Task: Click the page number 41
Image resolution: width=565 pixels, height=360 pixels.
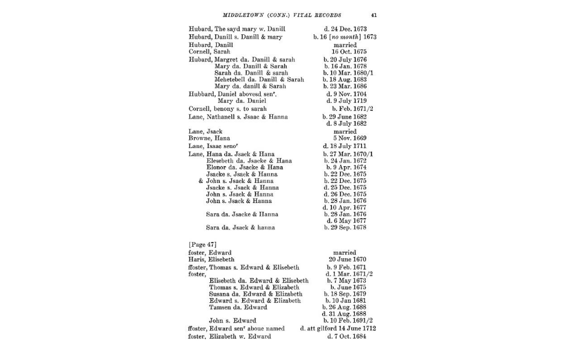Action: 374,15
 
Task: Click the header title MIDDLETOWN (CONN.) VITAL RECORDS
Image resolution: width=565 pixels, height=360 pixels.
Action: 282,15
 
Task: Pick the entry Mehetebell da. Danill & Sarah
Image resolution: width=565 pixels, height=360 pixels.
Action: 259,79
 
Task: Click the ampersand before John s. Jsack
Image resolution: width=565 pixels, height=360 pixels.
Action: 201,181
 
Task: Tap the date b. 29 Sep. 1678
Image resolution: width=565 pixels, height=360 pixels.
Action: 345,228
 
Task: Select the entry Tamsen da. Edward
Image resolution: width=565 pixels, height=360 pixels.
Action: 238,307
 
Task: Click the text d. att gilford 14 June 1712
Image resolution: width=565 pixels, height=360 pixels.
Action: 337,329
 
